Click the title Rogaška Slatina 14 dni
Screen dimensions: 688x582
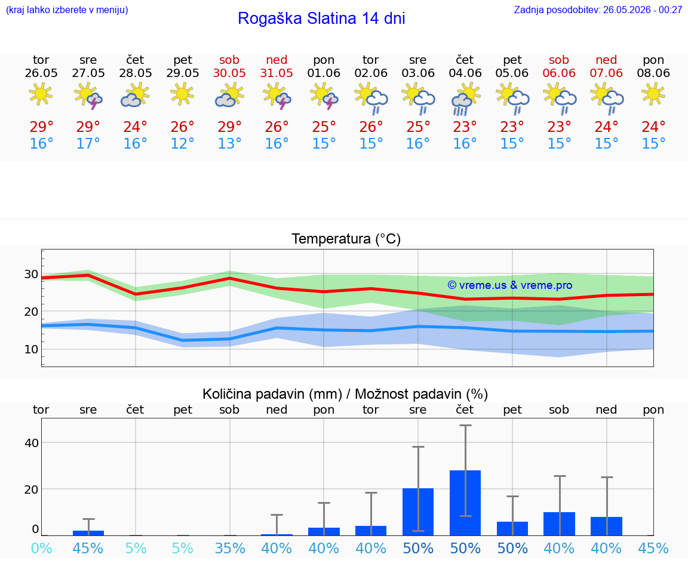click(x=321, y=19)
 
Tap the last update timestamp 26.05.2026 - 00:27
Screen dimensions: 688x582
click(x=643, y=10)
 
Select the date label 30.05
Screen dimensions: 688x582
click(x=229, y=73)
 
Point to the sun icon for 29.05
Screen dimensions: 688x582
click(x=182, y=94)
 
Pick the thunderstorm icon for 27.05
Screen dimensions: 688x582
click(x=88, y=96)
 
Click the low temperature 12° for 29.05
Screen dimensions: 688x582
click(x=182, y=143)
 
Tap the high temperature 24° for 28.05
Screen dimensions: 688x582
click(x=135, y=127)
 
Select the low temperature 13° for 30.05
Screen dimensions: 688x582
click(x=229, y=143)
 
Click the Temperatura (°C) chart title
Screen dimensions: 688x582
click(x=346, y=239)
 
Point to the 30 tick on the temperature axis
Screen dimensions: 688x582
click(x=31, y=274)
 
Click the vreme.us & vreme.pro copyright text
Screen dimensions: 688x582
click(x=510, y=285)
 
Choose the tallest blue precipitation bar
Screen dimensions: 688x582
click(x=465, y=503)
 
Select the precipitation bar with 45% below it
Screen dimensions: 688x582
click(x=88, y=533)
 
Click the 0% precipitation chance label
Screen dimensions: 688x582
click(x=42, y=548)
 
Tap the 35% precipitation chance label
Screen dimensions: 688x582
click(x=230, y=548)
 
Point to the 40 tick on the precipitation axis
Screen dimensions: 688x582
click(x=32, y=443)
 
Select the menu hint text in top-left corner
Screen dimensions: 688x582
click(x=67, y=10)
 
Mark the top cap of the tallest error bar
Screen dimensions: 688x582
click(x=466, y=425)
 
